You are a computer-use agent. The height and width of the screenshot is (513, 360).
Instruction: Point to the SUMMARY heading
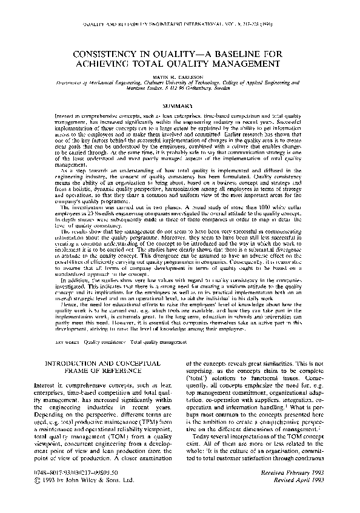(x=180, y=106)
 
